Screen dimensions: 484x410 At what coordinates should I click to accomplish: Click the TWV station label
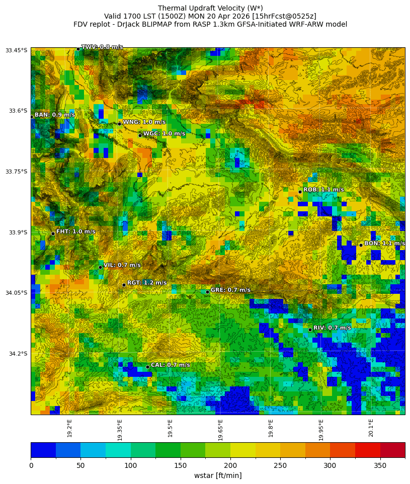tap(102, 47)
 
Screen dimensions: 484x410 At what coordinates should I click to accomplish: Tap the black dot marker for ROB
tap(300, 192)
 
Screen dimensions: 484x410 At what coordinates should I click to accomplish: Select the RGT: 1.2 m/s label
tap(146, 283)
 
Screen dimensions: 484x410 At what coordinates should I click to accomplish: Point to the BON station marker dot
tap(361, 245)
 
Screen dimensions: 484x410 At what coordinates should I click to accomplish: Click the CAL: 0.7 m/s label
tap(170, 365)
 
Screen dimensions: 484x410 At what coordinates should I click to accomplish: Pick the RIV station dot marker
tap(310, 330)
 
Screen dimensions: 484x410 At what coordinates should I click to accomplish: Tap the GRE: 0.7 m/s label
tap(230, 290)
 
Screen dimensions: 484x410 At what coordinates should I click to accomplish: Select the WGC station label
tap(164, 133)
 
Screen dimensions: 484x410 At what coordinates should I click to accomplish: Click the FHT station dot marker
tap(53, 233)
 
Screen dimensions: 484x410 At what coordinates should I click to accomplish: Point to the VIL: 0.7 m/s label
tap(122, 265)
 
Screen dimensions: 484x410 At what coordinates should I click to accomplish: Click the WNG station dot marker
tap(119, 124)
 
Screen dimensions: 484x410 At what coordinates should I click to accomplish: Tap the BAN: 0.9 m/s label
tap(54, 115)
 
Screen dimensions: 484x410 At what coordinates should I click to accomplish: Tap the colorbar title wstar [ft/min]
tap(218, 475)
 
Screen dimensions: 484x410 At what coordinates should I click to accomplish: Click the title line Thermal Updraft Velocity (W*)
tap(210, 8)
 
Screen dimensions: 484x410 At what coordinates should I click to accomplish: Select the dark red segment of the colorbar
tap(392, 450)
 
